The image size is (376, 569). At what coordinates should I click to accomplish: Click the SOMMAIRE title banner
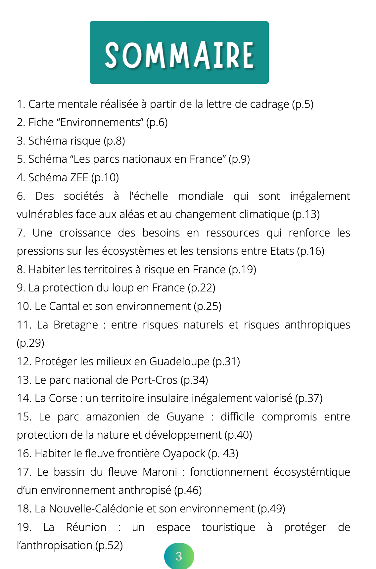(179, 53)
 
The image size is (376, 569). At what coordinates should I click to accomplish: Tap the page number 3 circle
(179, 556)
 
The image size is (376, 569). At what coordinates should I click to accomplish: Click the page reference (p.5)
(303, 104)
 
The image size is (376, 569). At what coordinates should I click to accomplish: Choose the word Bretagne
(76, 325)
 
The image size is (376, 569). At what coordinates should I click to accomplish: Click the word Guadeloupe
(179, 362)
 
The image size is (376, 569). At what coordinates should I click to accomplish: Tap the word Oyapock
(184, 454)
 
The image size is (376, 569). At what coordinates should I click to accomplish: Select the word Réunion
(86, 527)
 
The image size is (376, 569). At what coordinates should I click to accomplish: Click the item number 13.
(24, 380)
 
